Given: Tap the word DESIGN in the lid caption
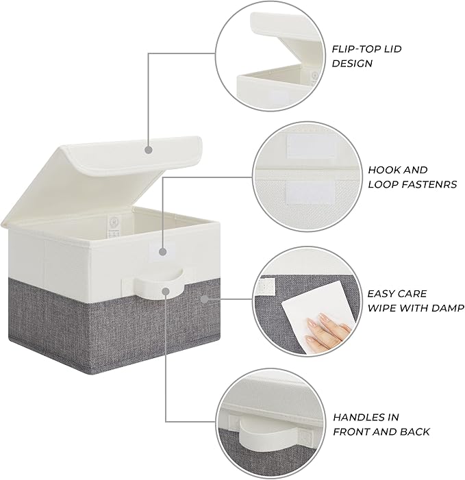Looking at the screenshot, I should click(x=352, y=64).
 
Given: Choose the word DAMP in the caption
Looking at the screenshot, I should click(x=448, y=308).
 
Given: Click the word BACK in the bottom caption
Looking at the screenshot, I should click(x=414, y=431).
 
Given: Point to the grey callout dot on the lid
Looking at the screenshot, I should click(x=149, y=149).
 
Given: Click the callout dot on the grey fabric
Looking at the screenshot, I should click(x=204, y=299).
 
